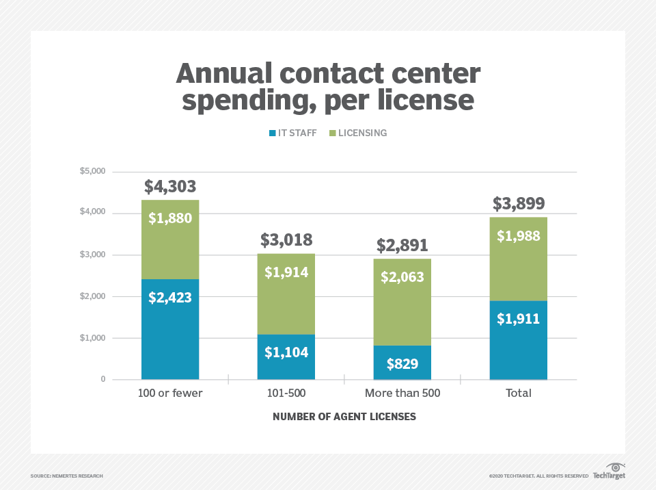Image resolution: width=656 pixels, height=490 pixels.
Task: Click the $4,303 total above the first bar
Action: [170, 187]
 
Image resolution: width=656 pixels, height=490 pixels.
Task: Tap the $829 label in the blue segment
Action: [402, 363]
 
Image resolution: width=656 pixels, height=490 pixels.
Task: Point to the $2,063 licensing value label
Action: [402, 277]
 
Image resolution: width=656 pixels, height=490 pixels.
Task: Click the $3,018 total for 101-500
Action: [286, 240]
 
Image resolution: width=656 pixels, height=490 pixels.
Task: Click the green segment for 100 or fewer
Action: [170, 240]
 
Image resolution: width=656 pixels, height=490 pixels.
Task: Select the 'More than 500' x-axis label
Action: [402, 394]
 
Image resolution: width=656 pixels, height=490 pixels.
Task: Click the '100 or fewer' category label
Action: [170, 394]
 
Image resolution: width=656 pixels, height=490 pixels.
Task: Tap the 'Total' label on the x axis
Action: [518, 394]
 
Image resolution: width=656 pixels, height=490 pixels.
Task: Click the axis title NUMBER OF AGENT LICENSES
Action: [344, 416]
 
